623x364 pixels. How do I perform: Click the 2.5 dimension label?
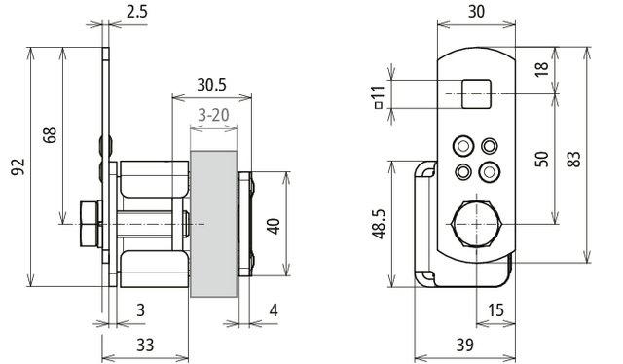pyautogui.click(x=137, y=11)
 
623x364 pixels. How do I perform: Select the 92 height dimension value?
pyautogui.click(x=18, y=166)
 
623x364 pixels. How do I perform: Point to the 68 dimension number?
pyautogui.click(x=50, y=135)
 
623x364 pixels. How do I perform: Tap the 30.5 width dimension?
pyautogui.click(x=212, y=85)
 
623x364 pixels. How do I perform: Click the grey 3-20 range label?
pyautogui.click(x=214, y=115)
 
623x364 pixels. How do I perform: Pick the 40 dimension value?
pyautogui.click(x=274, y=226)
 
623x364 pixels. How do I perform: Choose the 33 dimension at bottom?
pyautogui.click(x=145, y=345)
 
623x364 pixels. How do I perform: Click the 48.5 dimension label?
pyautogui.click(x=379, y=225)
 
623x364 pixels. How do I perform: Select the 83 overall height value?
pyautogui.click(x=573, y=159)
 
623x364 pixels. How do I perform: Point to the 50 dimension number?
pyautogui.click(x=542, y=159)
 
